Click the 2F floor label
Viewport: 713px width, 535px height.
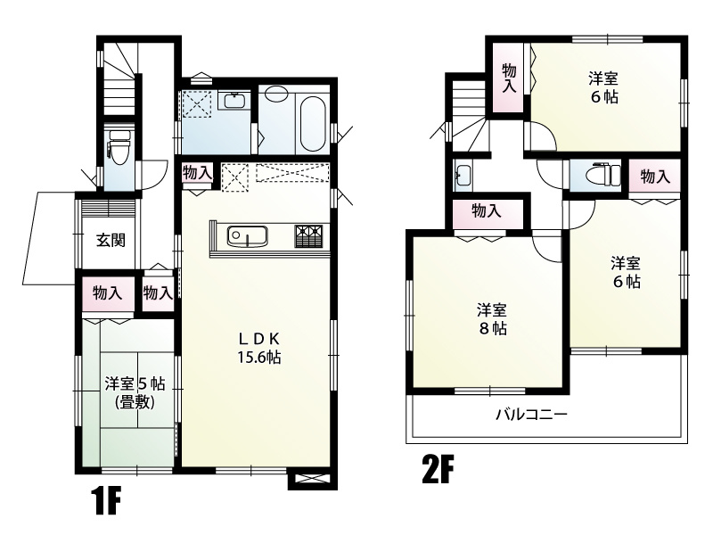(438, 470)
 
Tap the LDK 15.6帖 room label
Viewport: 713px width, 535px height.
(259, 348)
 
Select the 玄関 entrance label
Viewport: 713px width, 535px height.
(111, 240)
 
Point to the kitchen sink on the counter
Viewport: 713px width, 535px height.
(248, 236)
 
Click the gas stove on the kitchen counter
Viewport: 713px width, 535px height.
(311, 236)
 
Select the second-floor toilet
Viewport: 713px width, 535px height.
(603, 174)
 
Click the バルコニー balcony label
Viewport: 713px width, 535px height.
(531, 415)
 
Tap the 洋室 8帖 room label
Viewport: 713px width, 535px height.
(492, 319)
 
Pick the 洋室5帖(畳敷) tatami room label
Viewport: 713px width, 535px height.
(135, 393)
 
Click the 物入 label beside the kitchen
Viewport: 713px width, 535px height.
(197, 173)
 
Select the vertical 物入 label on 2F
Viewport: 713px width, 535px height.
(509, 78)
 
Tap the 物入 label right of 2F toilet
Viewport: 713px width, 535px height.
(655, 177)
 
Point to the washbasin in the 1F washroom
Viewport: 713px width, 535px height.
(234, 100)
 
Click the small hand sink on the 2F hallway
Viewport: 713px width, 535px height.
(463, 175)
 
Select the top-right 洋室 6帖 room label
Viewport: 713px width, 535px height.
(604, 87)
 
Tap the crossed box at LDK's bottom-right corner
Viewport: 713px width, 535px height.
(313, 478)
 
